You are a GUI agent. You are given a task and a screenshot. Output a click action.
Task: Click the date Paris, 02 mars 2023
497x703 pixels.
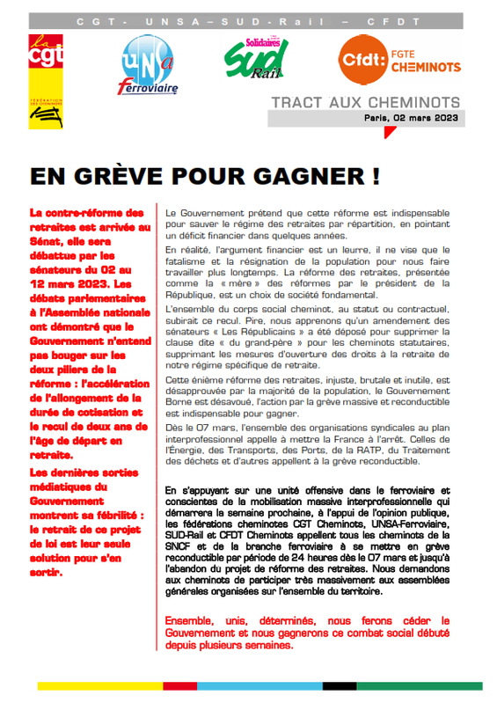click(424, 118)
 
